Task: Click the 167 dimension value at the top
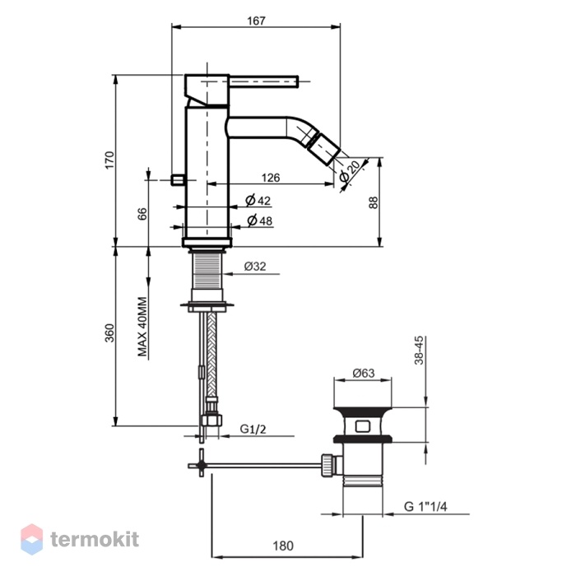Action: (x=256, y=21)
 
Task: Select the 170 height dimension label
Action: (x=109, y=160)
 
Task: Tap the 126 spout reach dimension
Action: (x=271, y=178)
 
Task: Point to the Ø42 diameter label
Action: (x=258, y=201)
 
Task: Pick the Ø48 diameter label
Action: (x=260, y=221)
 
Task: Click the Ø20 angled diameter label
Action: (x=350, y=171)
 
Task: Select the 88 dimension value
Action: (x=374, y=202)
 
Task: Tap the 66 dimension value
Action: (x=142, y=214)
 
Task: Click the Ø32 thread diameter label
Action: (x=255, y=267)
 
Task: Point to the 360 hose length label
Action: (x=109, y=332)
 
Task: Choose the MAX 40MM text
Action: (x=142, y=327)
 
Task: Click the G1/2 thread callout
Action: (x=253, y=429)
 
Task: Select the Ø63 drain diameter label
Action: (x=364, y=374)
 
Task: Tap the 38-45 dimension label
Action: (x=419, y=350)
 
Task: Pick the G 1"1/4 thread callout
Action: (x=425, y=507)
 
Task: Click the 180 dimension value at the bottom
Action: (x=283, y=546)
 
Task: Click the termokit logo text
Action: (x=95, y=539)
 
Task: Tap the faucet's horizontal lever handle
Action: (x=263, y=81)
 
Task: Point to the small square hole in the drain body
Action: (x=363, y=426)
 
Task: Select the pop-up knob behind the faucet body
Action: (x=179, y=180)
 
